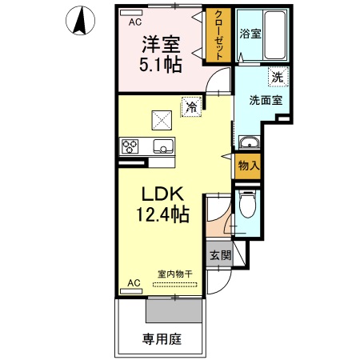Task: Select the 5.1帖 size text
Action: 162,66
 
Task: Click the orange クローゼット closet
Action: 217,35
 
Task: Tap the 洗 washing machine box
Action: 276,78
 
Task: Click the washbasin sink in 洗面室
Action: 250,143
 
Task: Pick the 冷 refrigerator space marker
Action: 191,105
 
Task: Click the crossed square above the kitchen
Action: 163,119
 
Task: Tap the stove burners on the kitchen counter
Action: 130,146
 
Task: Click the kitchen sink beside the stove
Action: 163,147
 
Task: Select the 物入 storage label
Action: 248,166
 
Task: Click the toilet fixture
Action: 247,206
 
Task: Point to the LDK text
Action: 164,194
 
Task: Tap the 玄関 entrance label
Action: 220,256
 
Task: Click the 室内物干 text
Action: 174,274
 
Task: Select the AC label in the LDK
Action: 134,283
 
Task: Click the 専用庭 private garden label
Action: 162,338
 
